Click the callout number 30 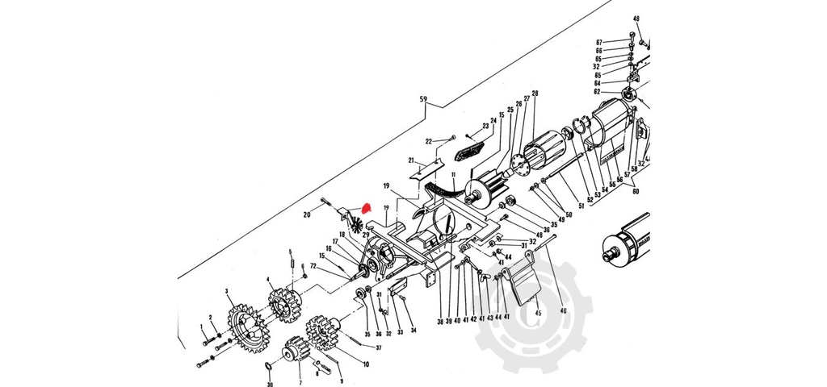tap(270, 385)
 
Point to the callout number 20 tap(307, 214)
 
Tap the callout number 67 tap(621, 42)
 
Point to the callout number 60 tap(636, 191)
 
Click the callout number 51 tap(579, 206)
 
